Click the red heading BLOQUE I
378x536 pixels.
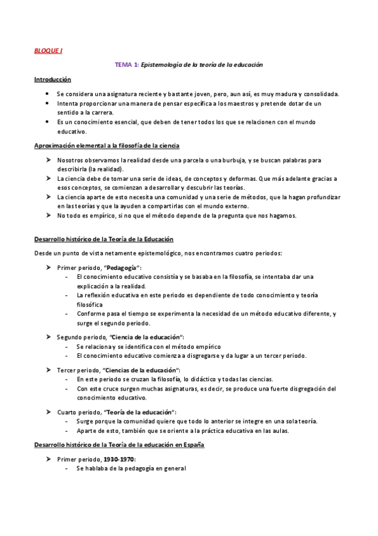point(48,51)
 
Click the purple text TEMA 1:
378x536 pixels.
point(126,64)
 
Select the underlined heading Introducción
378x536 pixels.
point(52,80)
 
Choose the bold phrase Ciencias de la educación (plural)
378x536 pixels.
point(143,369)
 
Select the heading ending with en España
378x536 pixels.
point(119,445)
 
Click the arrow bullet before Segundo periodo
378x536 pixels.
point(49,337)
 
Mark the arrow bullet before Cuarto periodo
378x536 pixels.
point(49,412)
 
